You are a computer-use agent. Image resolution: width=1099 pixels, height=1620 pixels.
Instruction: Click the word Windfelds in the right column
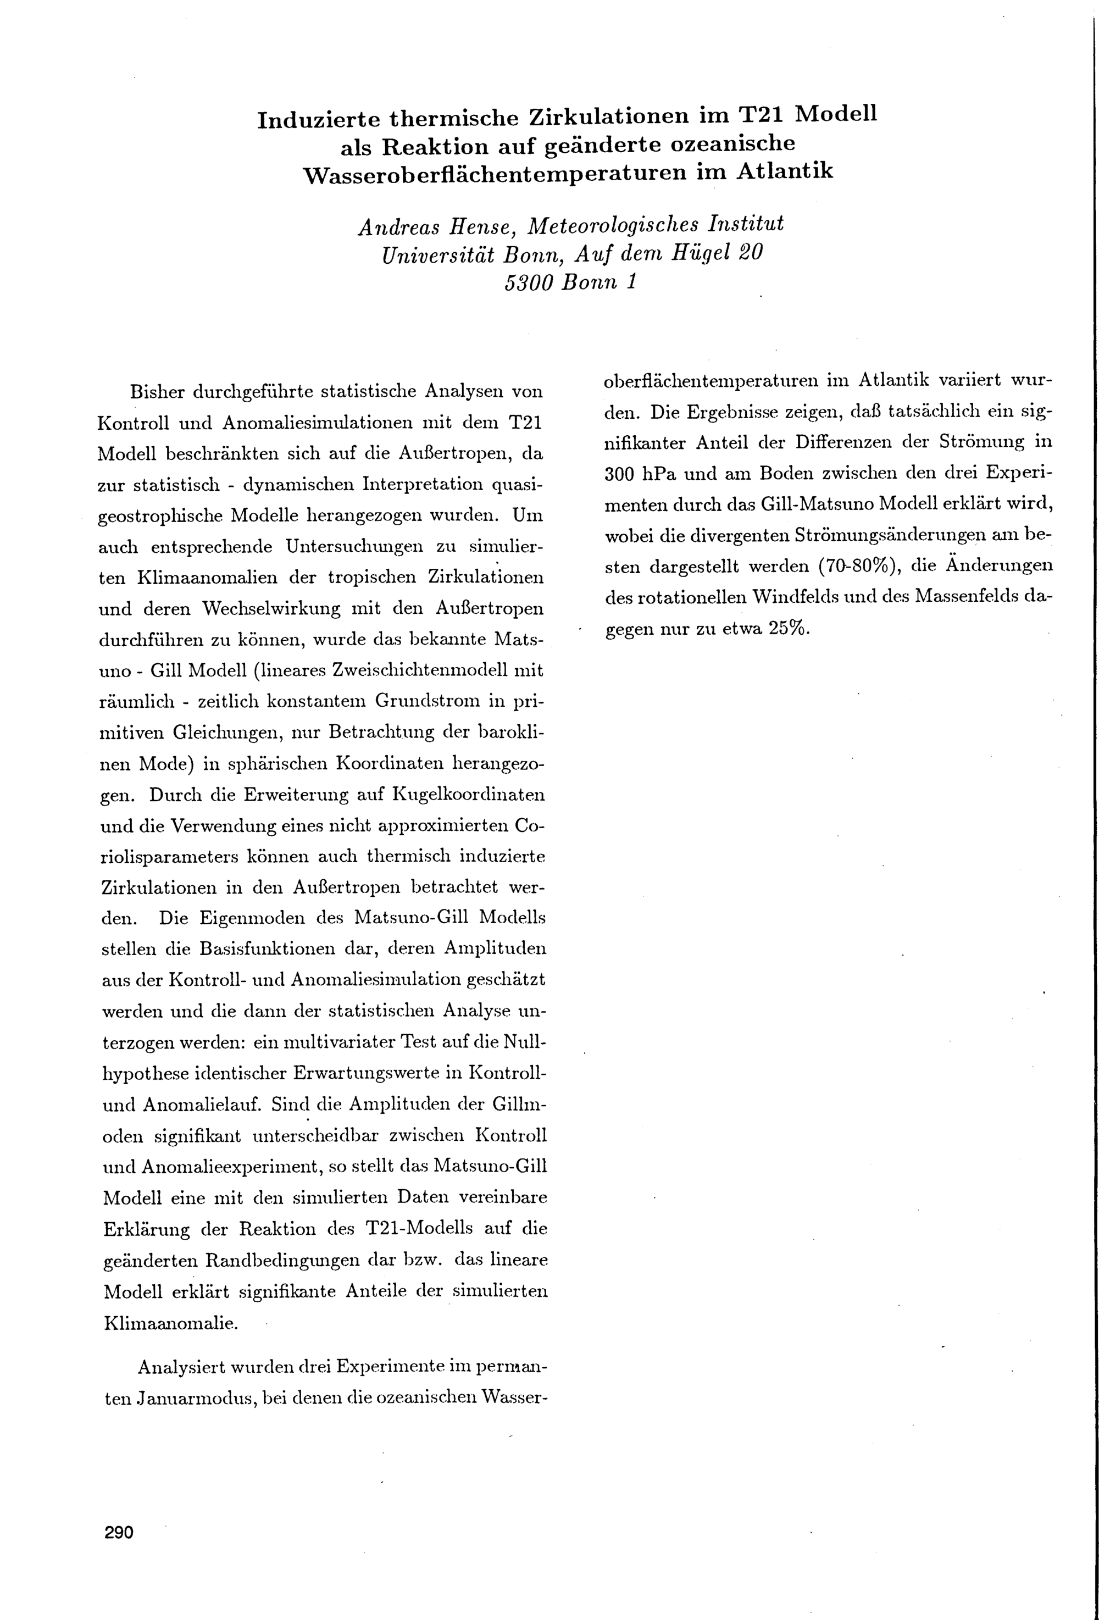click(819, 597)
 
